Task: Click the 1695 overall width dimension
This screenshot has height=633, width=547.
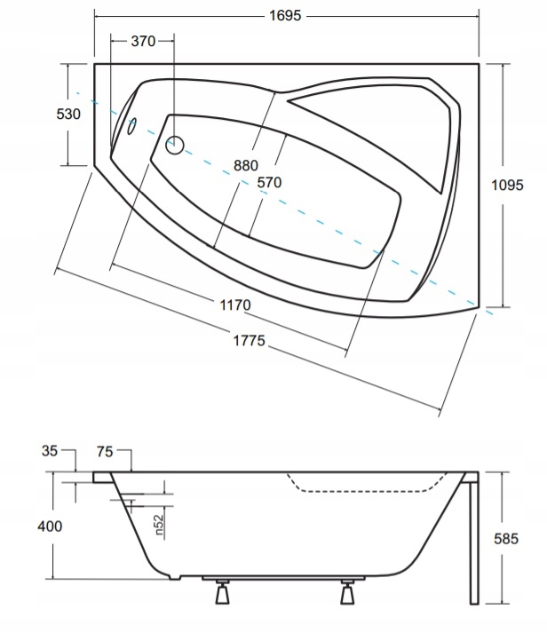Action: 285,16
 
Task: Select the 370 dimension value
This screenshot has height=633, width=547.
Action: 143,41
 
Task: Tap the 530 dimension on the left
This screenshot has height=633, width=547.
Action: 68,115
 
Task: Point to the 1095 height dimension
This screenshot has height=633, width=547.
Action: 507,185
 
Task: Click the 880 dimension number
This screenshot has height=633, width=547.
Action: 246,165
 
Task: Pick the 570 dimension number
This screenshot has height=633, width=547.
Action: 269,183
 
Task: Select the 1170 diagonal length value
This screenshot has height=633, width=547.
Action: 235,305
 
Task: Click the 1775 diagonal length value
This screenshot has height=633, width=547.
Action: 250,341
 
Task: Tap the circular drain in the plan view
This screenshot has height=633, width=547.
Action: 175,146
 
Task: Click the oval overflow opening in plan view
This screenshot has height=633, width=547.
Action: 132,126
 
